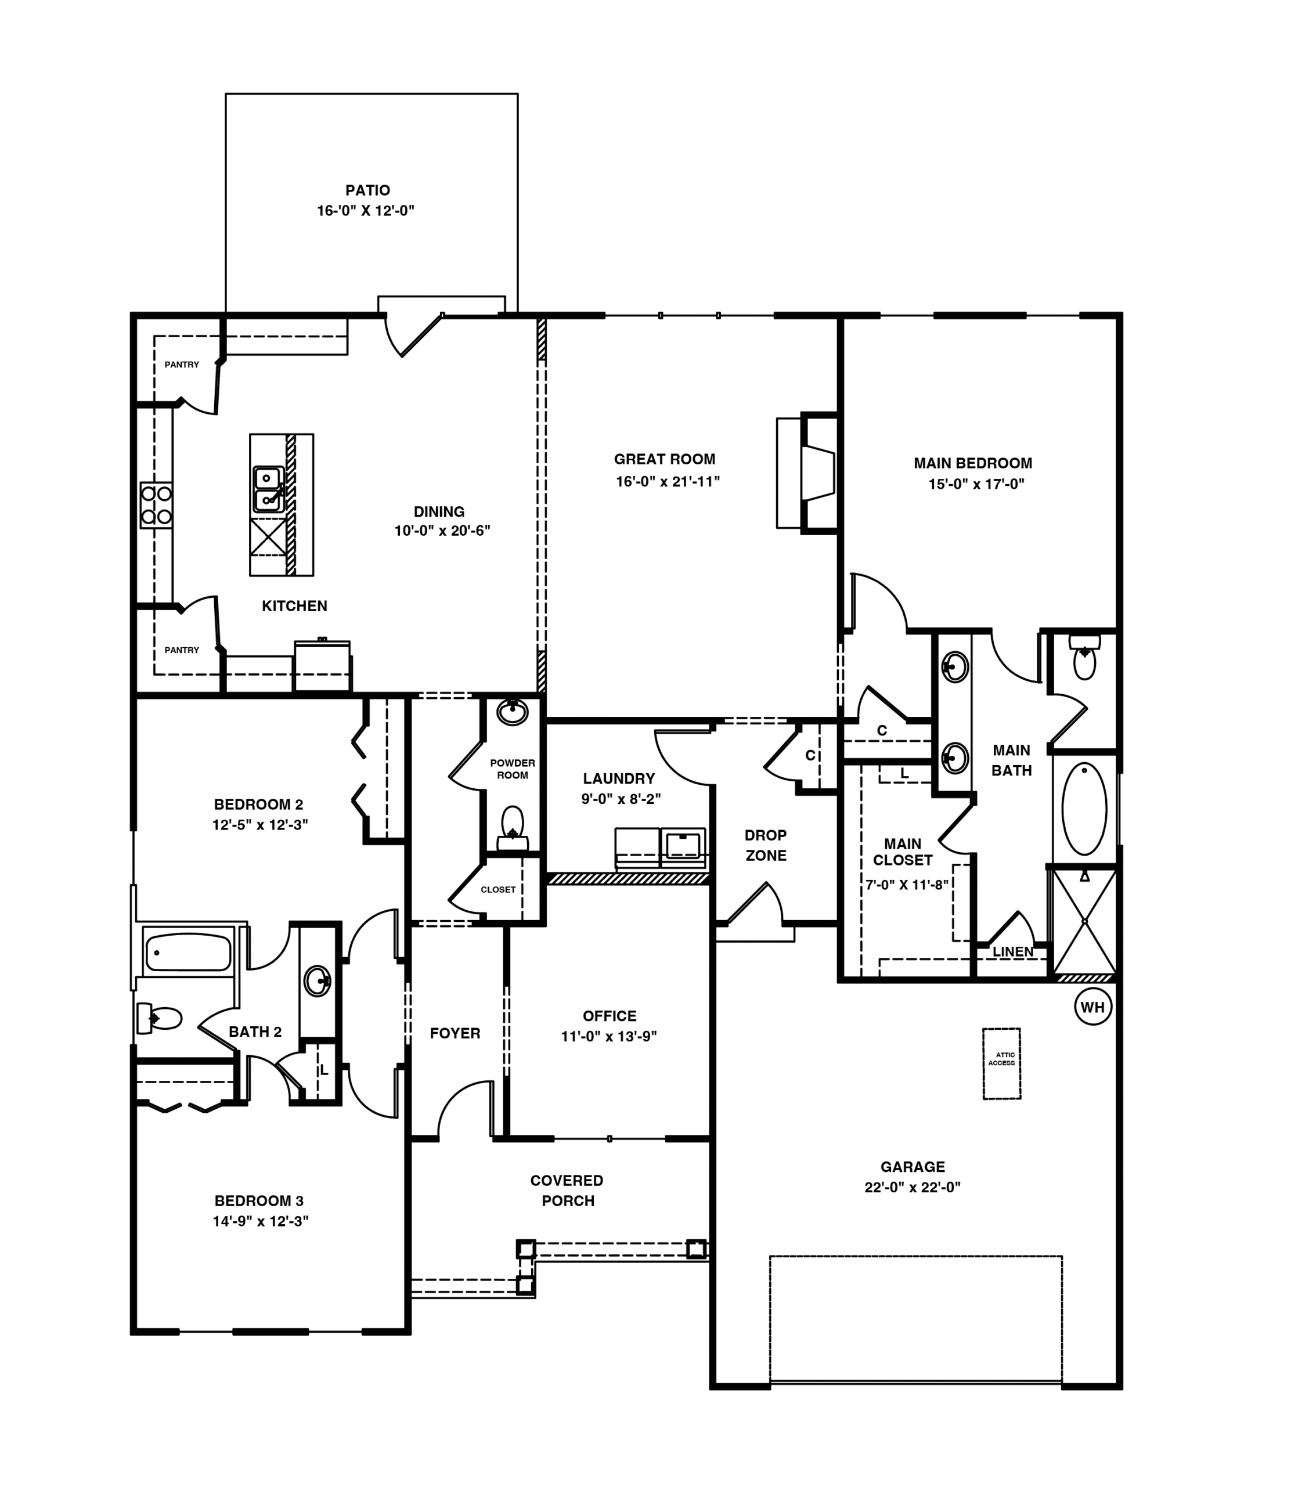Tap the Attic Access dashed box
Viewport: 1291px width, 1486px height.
pos(1001,1063)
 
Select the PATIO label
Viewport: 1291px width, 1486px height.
pos(367,190)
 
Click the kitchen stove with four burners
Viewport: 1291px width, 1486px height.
pos(156,505)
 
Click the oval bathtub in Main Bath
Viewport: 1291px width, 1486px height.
pos(1084,809)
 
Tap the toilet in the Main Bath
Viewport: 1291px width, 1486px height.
pos(1084,657)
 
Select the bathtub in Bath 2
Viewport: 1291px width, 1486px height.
pos(188,951)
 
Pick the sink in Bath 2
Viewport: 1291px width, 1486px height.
pos(318,980)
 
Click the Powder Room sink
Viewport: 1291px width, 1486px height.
pos(512,712)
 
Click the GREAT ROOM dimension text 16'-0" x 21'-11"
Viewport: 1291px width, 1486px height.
pos(668,481)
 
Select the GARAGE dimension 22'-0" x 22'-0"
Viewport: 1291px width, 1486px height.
pos(913,1187)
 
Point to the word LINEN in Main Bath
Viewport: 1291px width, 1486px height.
pos(1013,951)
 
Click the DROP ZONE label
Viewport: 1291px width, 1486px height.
pos(766,845)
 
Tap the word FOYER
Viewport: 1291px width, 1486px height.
pos(455,1033)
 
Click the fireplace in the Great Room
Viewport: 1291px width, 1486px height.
pos(807,473)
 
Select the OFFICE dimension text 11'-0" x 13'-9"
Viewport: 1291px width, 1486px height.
pos(609,1036)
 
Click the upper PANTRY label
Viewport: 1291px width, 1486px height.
pos(182,365)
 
